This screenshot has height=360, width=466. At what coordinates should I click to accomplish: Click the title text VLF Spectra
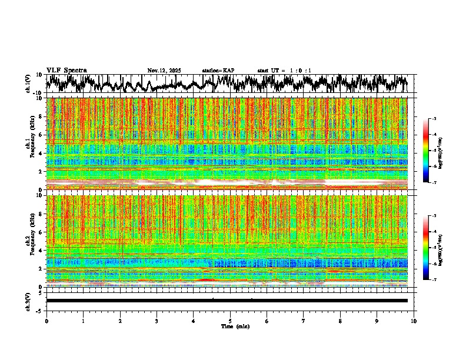pos(66,71)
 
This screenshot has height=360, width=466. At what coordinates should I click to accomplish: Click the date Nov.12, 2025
pos(164,71)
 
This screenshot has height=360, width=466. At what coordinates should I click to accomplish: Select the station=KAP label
pos(218,71)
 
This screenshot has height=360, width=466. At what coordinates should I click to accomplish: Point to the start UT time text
pos(284,71)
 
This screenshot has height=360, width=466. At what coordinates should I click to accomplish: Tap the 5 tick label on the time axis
pos(230,321)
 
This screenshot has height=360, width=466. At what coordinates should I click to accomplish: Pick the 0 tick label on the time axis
pos(46,321)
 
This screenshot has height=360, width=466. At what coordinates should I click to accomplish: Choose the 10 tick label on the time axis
pos(414,321)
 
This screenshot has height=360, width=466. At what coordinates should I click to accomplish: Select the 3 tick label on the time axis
pos(157,321)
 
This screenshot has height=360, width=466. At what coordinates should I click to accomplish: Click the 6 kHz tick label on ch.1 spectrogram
pos(41,135)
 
